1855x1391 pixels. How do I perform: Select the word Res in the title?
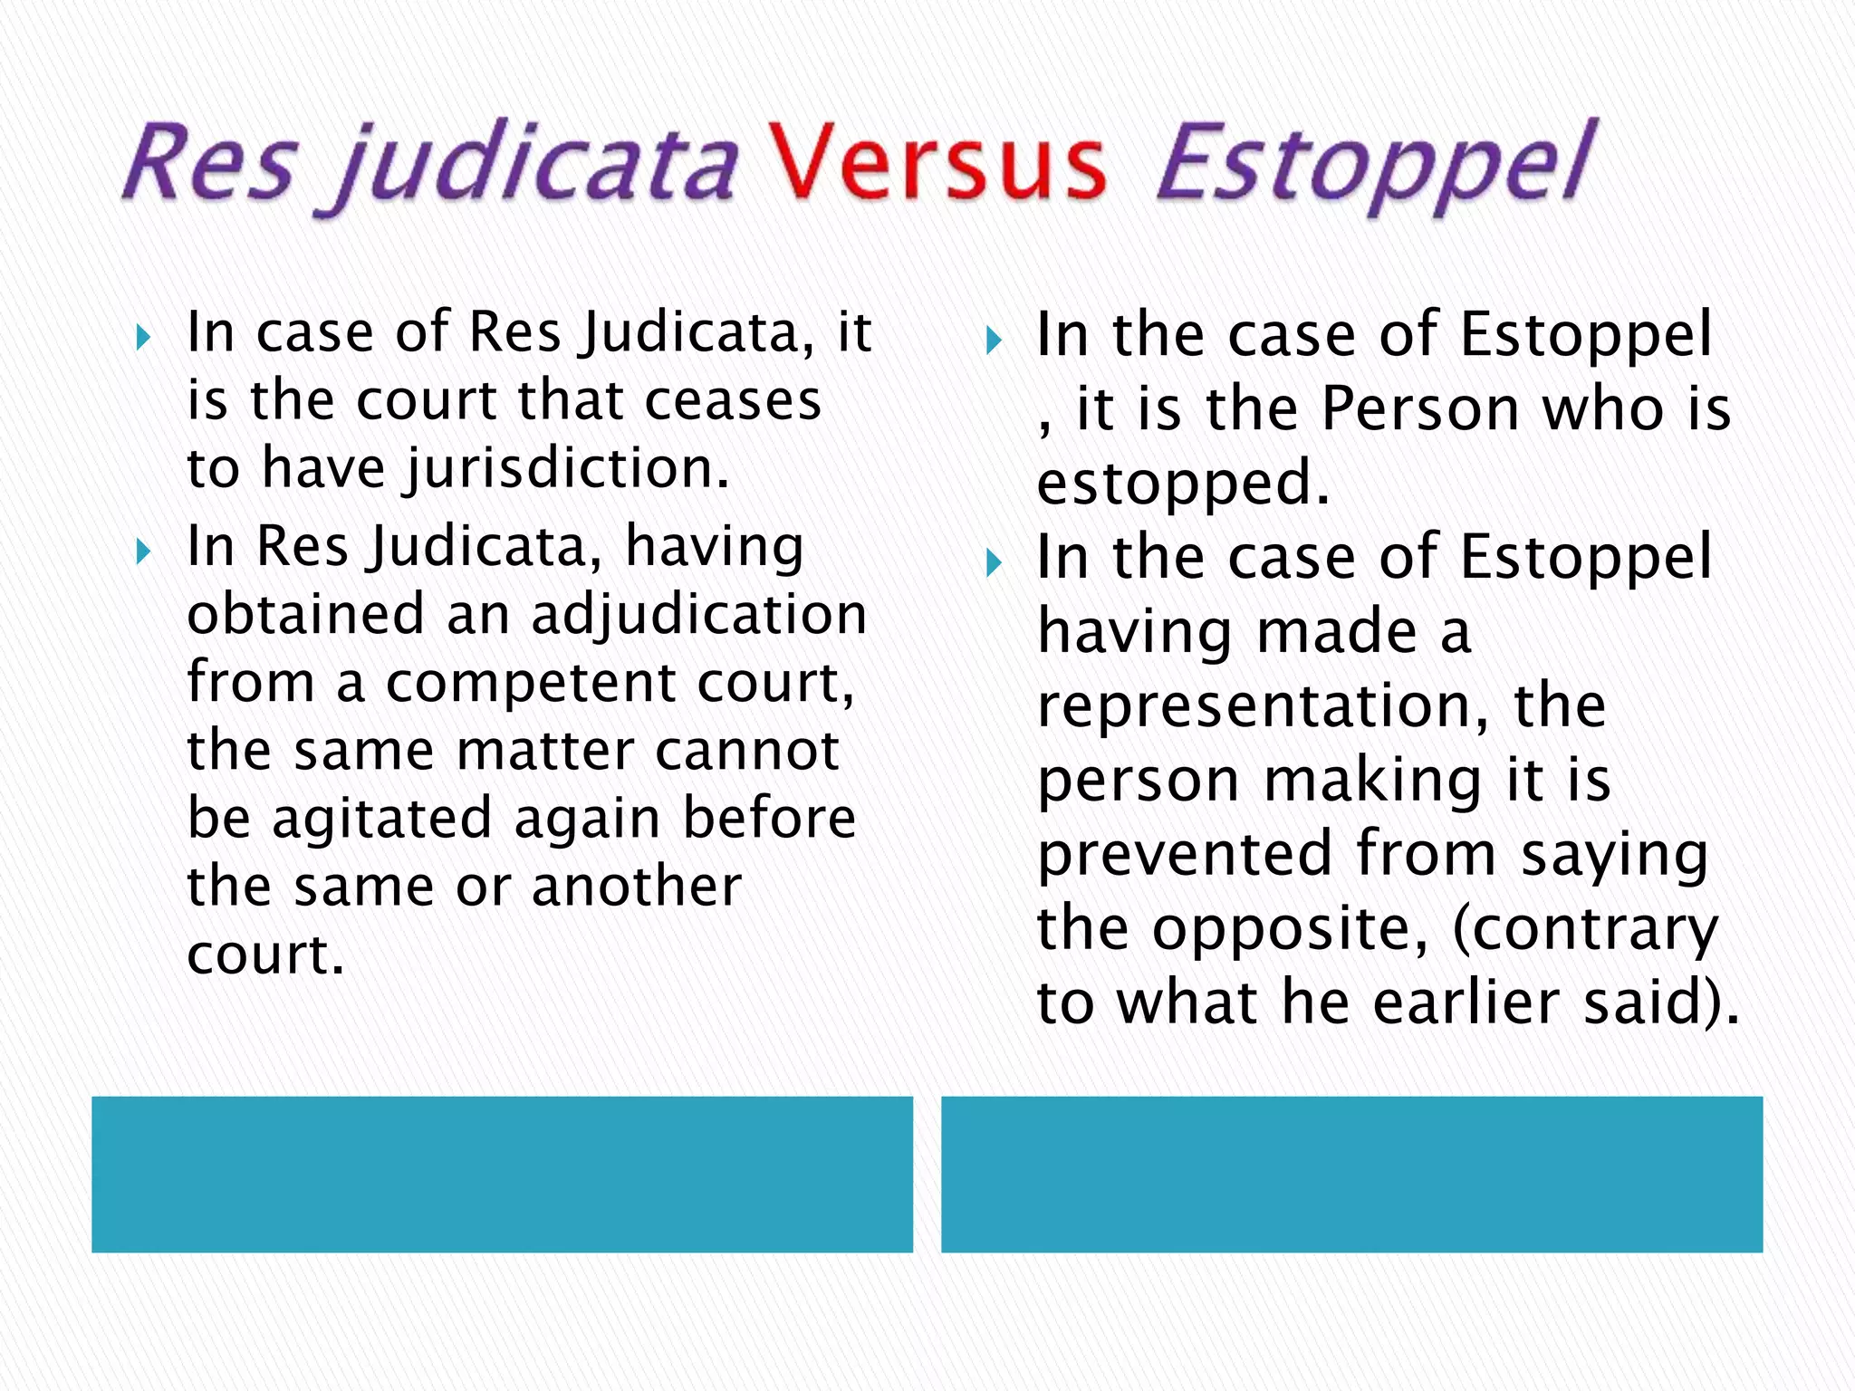[210, 163]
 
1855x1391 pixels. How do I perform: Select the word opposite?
[1290, 930]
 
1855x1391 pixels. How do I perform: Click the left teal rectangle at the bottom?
[502, 1175]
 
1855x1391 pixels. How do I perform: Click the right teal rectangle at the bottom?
[1351, 1175]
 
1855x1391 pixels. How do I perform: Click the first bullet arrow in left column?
[142, 339]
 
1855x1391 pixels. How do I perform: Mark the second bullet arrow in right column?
[994, 564]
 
